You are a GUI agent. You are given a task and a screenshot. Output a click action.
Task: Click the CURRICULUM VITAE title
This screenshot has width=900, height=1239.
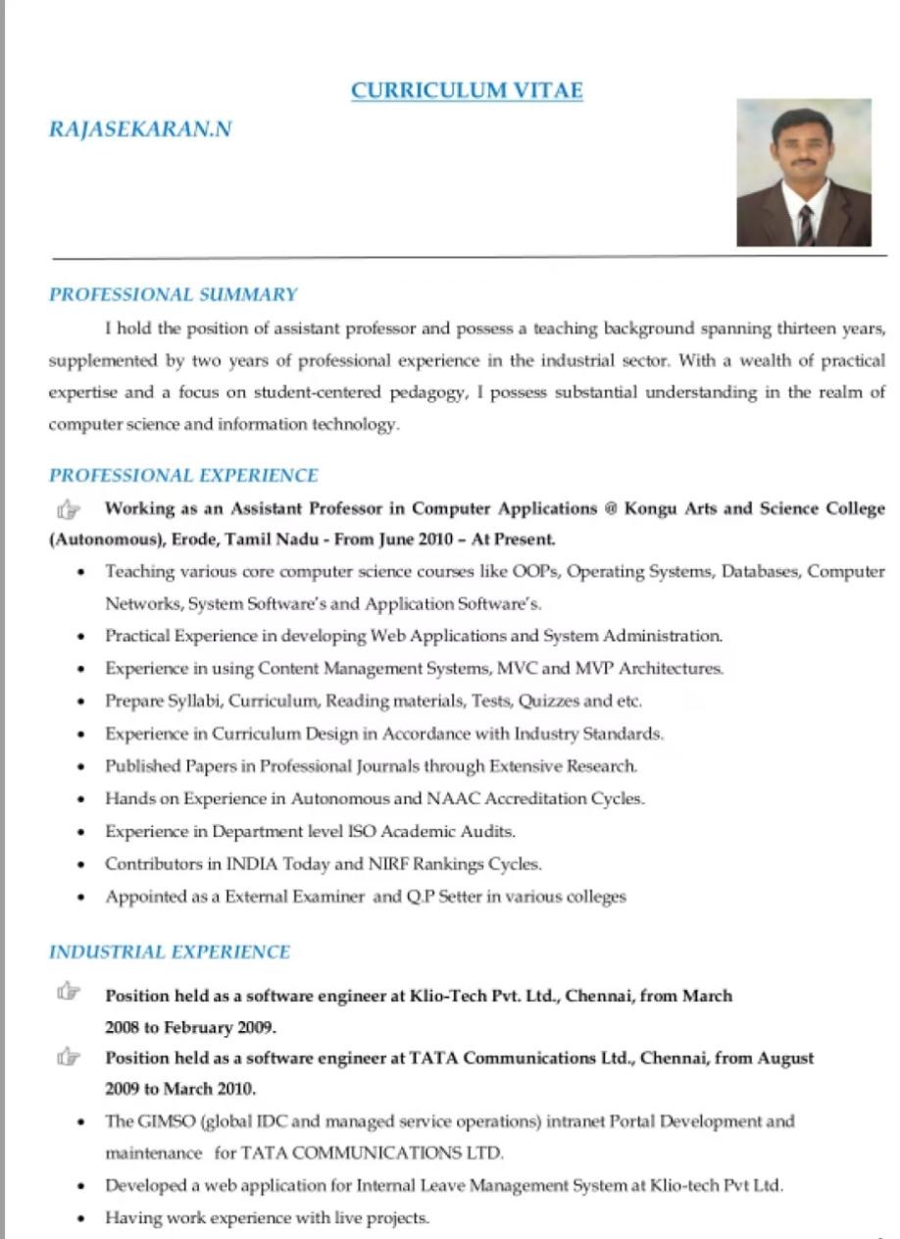point(467,91)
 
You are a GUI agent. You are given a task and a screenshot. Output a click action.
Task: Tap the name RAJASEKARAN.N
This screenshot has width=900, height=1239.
point(140,129)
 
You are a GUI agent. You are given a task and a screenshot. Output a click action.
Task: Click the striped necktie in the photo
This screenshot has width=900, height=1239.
point(805,225)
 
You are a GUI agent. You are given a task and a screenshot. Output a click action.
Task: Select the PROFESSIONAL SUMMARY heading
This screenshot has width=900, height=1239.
point(173,294)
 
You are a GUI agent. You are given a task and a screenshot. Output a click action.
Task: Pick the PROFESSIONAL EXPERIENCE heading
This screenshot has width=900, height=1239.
point(183,476)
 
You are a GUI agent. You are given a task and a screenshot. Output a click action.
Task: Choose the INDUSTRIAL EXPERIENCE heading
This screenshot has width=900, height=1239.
point(170,952)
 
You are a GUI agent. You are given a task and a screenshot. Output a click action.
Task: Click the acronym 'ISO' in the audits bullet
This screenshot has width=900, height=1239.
point(362,831)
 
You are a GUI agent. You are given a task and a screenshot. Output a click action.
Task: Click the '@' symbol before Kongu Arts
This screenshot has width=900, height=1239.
point(611,508)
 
